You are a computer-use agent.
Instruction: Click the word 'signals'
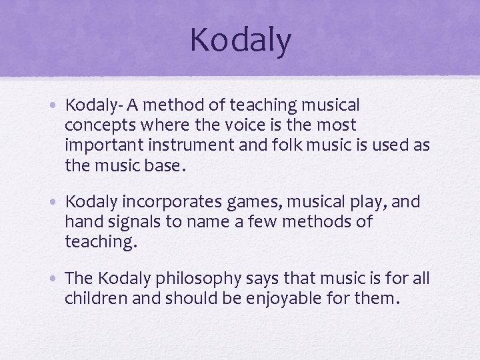(x=136, y=221)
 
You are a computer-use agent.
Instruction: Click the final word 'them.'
(x=379, y=298)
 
